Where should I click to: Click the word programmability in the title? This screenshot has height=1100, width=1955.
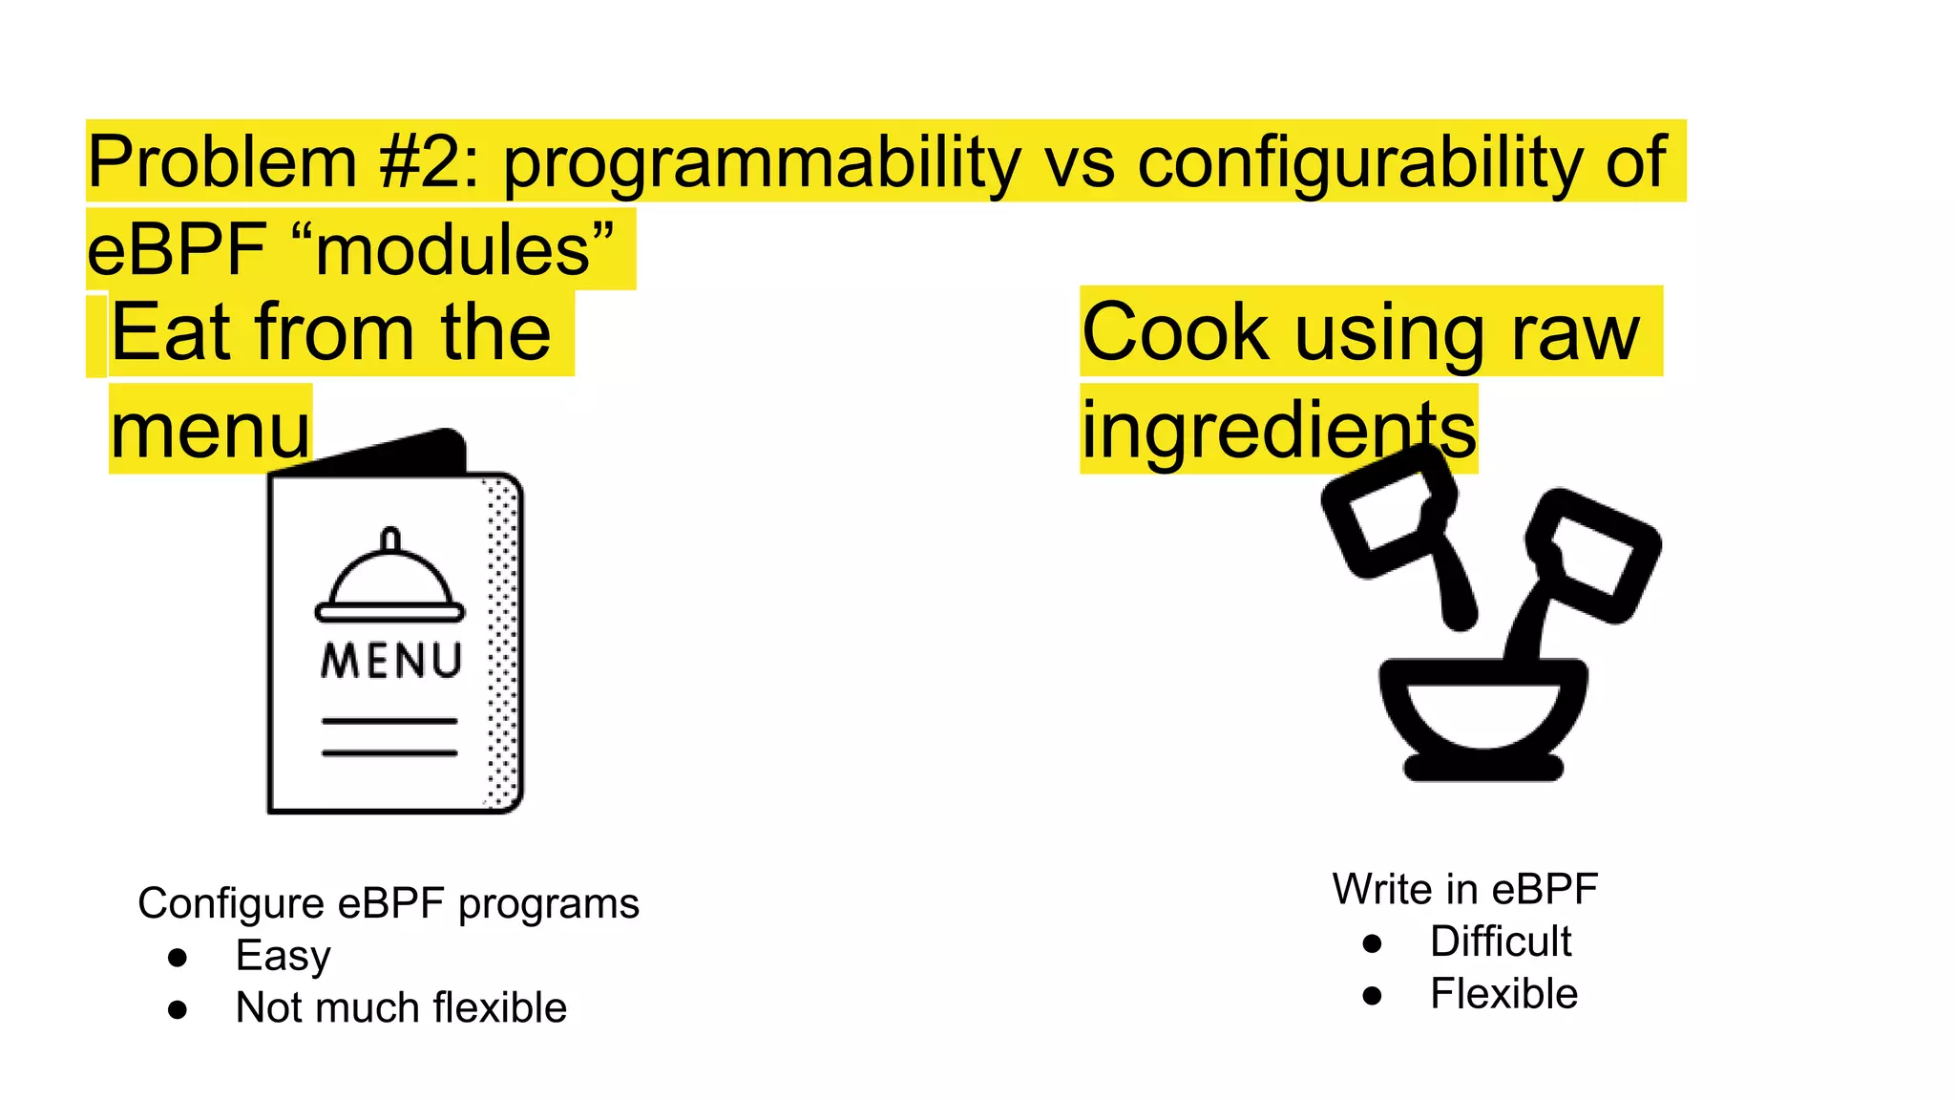tap(762, 162)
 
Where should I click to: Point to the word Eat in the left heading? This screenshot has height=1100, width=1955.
tap(171, 332)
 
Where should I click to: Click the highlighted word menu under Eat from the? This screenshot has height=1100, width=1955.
tap(210, 431)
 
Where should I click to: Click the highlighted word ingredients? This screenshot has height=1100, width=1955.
tap(1278, 431)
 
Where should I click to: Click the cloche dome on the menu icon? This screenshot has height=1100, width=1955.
tap(389, 579)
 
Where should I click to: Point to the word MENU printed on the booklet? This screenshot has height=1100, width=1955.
tap(391, 661)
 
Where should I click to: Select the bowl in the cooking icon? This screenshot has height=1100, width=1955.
tap(1483, 711)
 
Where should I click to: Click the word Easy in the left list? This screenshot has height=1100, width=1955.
tap(283, 956)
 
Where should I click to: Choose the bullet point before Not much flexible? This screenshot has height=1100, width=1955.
tap(178, 1009)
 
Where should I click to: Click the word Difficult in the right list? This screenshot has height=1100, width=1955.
tap(1500, 941)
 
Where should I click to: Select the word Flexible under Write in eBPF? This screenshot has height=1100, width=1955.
tap(1503, 994)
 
